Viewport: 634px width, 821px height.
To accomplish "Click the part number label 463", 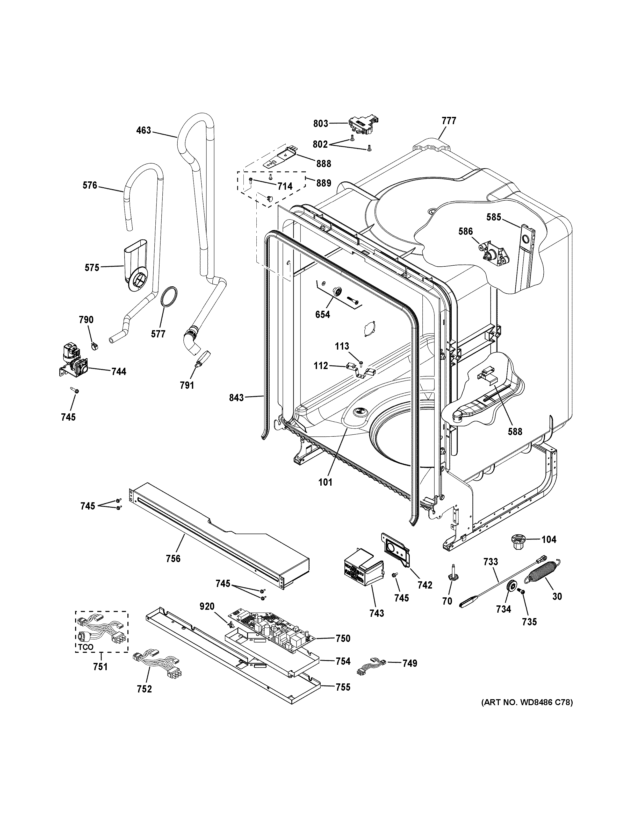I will click(143, 130).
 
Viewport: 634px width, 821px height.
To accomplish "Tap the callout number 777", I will click(449, 121).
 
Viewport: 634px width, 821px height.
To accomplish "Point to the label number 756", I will click(173, 569).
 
